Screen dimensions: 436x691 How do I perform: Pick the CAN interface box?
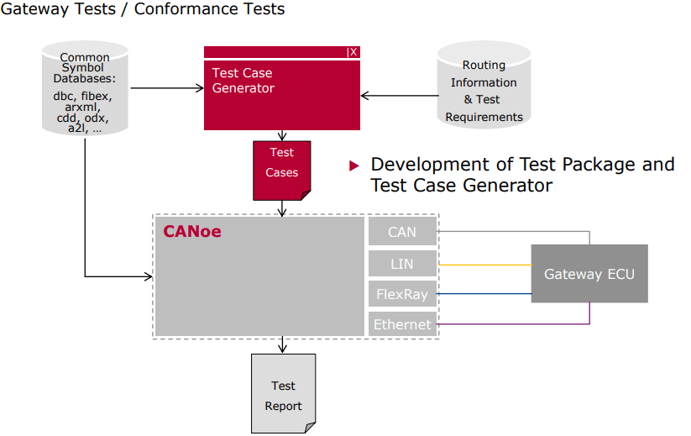pos(402,232)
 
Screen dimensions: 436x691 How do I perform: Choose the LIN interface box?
pos(402,264)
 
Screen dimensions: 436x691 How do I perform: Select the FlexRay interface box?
pos(402,294)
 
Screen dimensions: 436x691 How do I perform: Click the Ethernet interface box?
pos(402,324)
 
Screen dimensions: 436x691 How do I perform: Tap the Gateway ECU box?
pos(589,274)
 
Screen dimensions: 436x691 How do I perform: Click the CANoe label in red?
pos(192,231)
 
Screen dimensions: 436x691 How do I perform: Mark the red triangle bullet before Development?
pos(354,165)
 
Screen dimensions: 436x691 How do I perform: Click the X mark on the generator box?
pos(353,52)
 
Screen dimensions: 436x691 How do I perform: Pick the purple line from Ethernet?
pos(512,324)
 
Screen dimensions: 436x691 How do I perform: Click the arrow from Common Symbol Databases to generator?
pos(168,87)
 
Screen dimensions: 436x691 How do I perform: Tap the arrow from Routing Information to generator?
pos(399,96)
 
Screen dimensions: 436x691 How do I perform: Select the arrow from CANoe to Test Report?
pos(283,344)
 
